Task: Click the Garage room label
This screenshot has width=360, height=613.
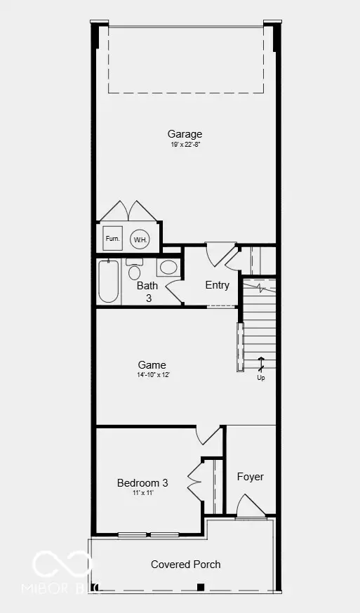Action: [x=185, y=134]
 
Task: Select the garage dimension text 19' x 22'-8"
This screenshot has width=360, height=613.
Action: [x=185, y=145]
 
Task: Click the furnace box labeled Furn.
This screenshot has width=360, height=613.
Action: [x=112, y=238]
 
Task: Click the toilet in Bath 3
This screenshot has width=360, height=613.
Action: [x=135, y=270]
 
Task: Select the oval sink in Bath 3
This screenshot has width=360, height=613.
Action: [x=168, y=267]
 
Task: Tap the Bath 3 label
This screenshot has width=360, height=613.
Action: [x=147, y=291]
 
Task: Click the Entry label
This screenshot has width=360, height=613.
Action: [x=218, y=285]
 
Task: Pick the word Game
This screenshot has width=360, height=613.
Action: [x=152, y=365]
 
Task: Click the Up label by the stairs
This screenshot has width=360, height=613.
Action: [x=261, y=378]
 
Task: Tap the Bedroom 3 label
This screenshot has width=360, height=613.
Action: [x=142, y=483]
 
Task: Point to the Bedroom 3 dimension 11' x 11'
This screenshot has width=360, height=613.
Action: [x=142, y=493]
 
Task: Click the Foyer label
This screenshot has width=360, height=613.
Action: [x=250, y=477]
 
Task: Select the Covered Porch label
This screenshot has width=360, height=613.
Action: [x=186, y=565]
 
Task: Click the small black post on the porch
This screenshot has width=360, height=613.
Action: [x=201, y=586]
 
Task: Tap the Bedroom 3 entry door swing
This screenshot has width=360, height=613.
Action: [x=208, y=435]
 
